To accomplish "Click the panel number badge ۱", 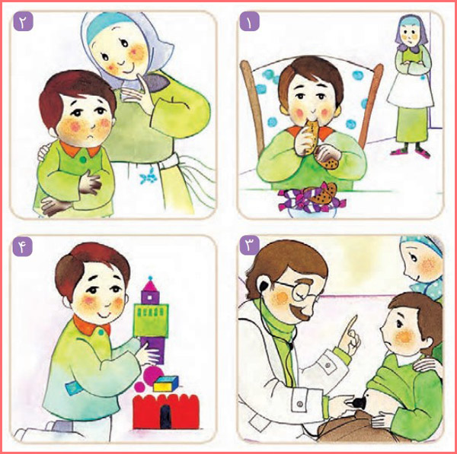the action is (x=250, y=21).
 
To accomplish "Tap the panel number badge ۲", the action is (x=23, y=21).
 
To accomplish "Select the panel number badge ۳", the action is (x=250, y=246).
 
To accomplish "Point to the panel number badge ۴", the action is (x=22, y=246).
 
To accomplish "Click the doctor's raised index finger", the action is (x=352, y=325).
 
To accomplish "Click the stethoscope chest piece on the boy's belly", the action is (x=359, y=404).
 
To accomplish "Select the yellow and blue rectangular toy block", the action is (x=165, y=384).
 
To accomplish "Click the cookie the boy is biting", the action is (x=312, y=136).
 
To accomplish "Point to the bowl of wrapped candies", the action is (x=312, y=202).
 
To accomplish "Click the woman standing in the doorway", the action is (x=411, y=87).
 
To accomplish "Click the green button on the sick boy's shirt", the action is (x=83, y=160).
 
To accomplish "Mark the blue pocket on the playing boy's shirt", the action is (x=73, y=388).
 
